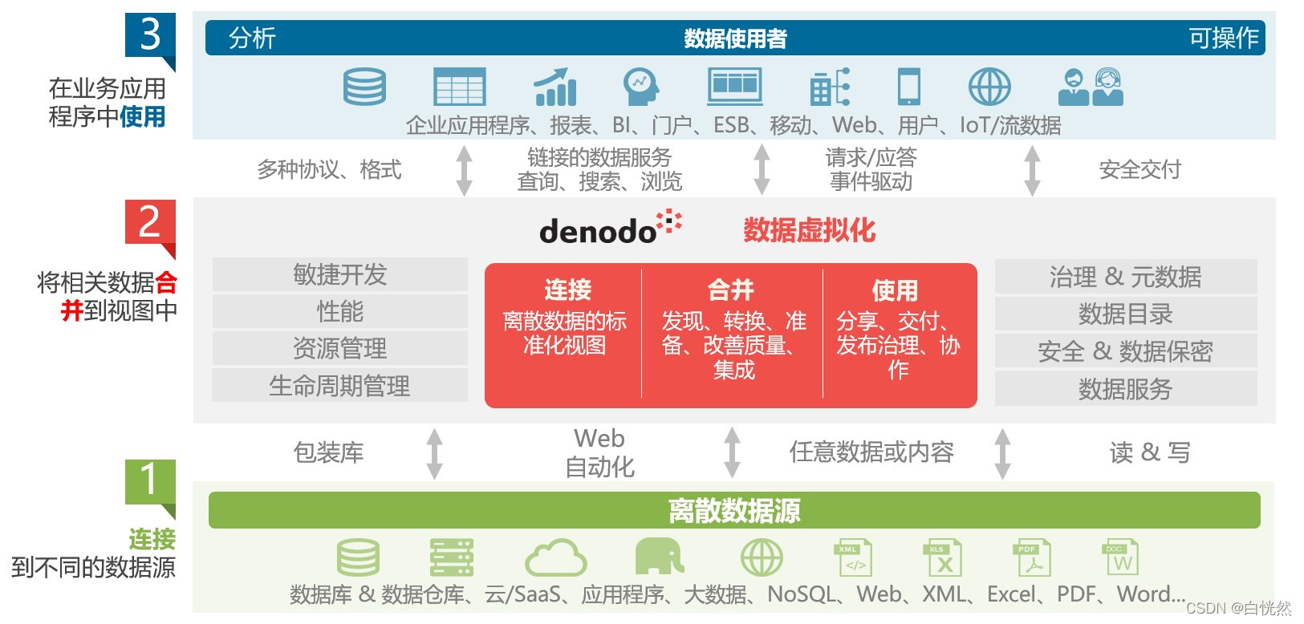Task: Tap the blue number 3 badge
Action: (x=149, y=36)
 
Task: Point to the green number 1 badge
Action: (x=149, y=481)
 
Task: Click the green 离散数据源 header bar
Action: (x=733, y=511)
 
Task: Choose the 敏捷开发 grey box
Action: (x=339, y=274)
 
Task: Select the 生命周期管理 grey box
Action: (x=339, y=386)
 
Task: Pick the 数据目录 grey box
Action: (x=1125, y=314)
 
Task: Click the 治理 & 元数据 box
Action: (x=1125, y=277)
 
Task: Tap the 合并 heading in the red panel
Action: (x=731, y=289)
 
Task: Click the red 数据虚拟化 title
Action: (x=809, y=230)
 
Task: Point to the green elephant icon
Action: (x=659, y=556)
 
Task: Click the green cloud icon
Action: (x=555, y=557)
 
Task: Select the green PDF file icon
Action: (x=1032, y=557)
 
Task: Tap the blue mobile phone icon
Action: (x=908, y=87)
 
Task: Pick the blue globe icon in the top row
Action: (x=989, y=87)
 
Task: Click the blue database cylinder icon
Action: (x=364, y=87)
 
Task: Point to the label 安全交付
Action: (x=1139, y=169)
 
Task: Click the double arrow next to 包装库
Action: (x=434, y=453)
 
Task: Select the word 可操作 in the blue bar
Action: (x=1223, y=38)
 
